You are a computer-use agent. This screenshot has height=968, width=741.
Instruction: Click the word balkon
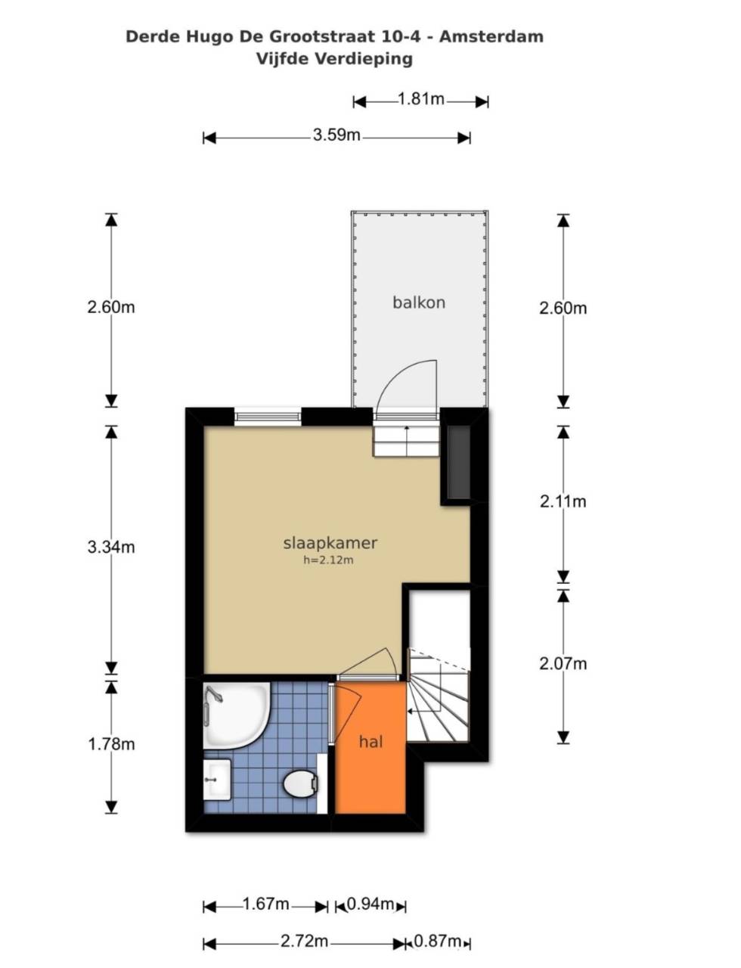coord(419,302)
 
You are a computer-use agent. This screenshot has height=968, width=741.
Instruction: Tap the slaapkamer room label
coord(330,543)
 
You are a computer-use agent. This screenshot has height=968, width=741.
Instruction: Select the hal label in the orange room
coord(371,742)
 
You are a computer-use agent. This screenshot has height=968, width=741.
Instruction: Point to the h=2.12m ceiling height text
coord(329,560)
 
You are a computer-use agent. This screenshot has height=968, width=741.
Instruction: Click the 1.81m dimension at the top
coord(421,99)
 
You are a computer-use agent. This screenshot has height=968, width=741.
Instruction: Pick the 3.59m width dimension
coord(336,135)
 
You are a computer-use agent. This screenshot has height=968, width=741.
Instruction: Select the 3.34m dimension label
coord(111,547)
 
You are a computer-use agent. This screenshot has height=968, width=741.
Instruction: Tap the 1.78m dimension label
coord(111,744)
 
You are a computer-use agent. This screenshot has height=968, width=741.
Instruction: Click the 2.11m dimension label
coord(563,502)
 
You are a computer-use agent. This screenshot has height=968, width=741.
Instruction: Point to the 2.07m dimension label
coord(563,664)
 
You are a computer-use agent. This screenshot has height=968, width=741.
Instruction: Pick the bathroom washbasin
coord(217,780)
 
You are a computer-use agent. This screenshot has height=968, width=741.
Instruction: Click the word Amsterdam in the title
coord(491,36)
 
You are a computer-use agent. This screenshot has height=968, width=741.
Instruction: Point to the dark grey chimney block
coord(459,462)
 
